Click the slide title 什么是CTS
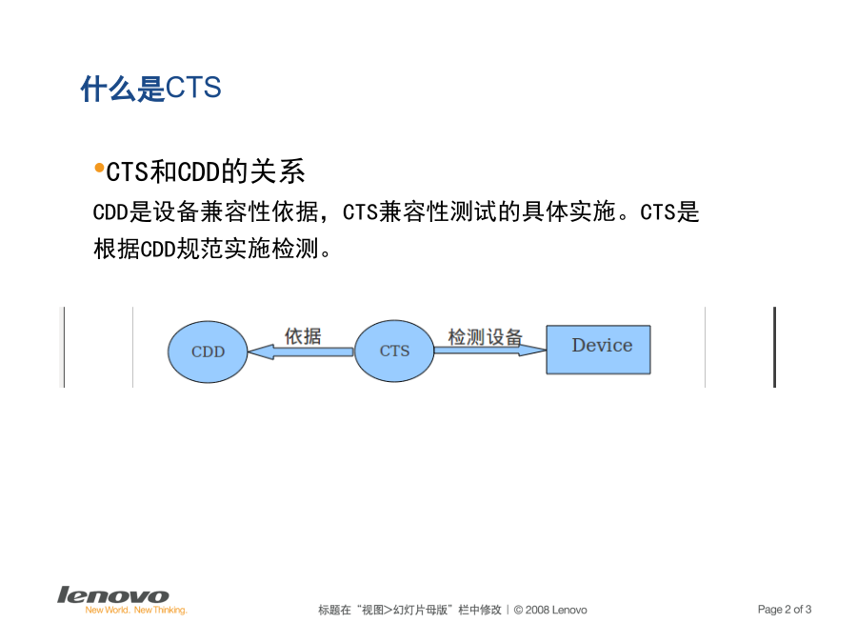tap(150, 89)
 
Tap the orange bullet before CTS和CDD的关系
tap(99, 168)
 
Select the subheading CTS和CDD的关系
tap(206, 171)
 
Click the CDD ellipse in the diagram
tap(208, 352)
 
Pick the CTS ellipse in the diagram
tap(394, 351)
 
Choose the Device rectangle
tap(599, 350)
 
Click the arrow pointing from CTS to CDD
tap(301, 352)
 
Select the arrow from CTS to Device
tap(490, 350)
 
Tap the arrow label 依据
tap(303, 335)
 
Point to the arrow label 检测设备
tap(486, 337)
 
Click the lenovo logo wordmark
tap(113, 594)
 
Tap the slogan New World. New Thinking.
tap(136, 611)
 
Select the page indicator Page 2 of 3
tap(785, 609)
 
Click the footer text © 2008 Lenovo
tap(550, 610)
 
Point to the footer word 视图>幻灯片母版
tap(405, 610)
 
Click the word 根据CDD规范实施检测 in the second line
tap(206, 249)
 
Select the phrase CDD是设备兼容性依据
tap(206, 212)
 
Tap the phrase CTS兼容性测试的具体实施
tap(479, 212)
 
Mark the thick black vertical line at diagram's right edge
tap(774, 347)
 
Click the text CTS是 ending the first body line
tap(669, 212)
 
